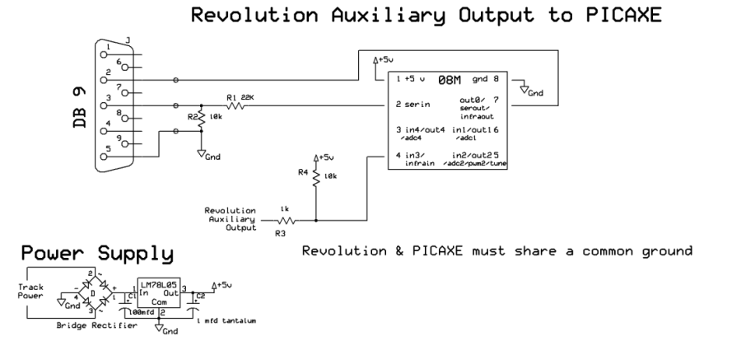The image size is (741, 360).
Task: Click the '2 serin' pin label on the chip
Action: coord(412,105)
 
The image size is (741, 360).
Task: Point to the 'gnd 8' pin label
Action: coord(484,81)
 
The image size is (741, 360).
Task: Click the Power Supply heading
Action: coord(98,251)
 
